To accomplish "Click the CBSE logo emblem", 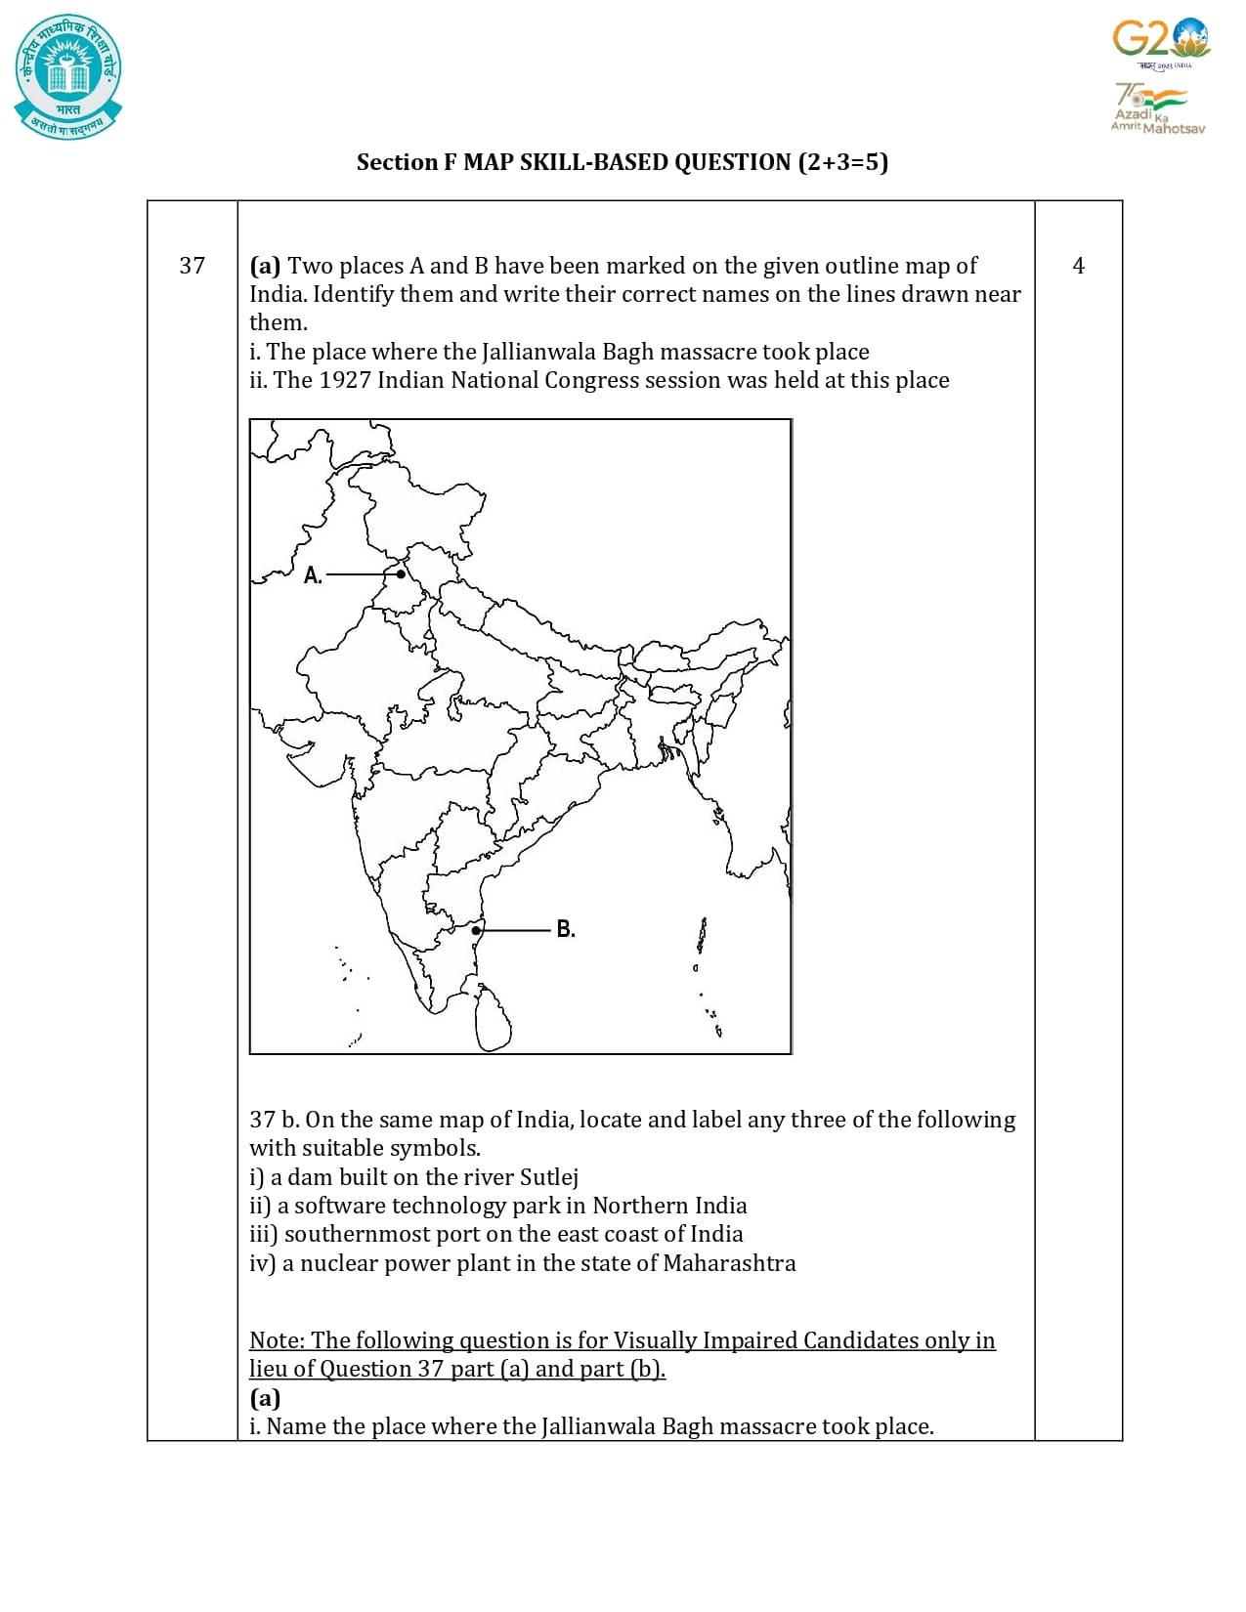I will click(x=68, y=76).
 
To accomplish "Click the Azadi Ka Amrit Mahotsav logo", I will click(x=1157, y=107).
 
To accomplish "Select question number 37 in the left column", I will click(x=193, y=266).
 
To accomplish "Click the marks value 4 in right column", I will click(x=1078, y=266).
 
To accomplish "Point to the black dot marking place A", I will click(x=401, y=574).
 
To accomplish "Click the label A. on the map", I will click(x=313, y=575).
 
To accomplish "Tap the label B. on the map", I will click(x=566, y=929).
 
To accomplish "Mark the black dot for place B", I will click(x=476, y=931).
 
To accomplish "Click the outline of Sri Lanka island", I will click(x=493, y=1019).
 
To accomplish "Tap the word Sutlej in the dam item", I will click(x=548, y=1177).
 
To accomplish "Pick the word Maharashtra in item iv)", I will click(x=729, y=1263).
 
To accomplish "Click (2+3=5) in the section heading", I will click(x=842, y=162).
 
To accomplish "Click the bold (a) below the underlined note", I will click(x=265, y=1398).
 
